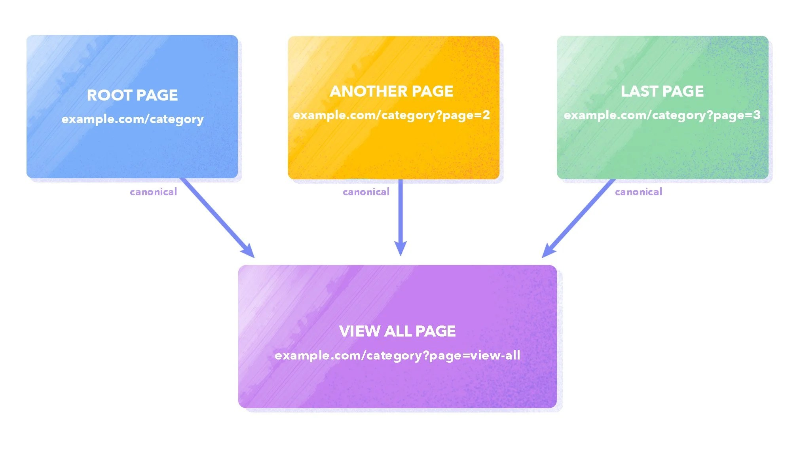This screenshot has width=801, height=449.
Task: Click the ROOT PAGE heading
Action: [x=132, y=95]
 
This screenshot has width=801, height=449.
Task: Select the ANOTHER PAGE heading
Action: [x=391, y=91]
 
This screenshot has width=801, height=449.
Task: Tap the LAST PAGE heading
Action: [x=662, y=91]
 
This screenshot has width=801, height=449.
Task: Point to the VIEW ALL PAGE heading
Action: [x=397, y=331]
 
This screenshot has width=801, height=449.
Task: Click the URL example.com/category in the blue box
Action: [x=133, y=119]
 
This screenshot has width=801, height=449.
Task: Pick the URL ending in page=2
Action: [x=391, y=115]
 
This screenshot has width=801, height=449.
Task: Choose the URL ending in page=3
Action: [x=662, y=115]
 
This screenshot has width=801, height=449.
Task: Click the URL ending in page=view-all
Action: [x=397, y=355]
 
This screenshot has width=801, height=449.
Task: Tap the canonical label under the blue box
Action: [x=153, y=192]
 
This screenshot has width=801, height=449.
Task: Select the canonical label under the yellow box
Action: [x=366, y=192]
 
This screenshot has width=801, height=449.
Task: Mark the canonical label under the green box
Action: [x=638, y=192]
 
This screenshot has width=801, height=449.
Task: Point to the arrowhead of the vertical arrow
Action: [x=400, y=248]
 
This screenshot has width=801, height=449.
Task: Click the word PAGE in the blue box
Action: [x=157, y=95]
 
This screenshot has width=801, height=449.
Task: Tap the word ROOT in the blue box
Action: [x=109, y=95]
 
